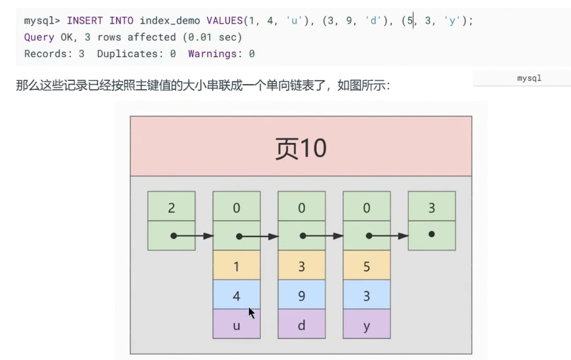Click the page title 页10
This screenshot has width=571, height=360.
tap(301, 148)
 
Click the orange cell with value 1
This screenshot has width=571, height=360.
tap(236, 267)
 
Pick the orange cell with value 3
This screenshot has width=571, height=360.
tap(301, 267)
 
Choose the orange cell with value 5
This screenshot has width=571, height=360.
tap(367, 267)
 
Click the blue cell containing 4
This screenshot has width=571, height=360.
tap(236, 296)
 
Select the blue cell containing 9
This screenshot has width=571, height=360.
tap(301, 296)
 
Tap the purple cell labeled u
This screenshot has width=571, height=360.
tap(236, 325)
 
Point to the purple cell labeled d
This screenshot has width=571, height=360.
tap(301, 325)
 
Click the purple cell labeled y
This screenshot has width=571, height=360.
tap(367, 325)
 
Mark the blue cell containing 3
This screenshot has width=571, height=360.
tap(367, 296)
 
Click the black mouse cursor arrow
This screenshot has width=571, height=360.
tap(251, 313)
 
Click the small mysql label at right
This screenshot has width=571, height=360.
tap(529, 78)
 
